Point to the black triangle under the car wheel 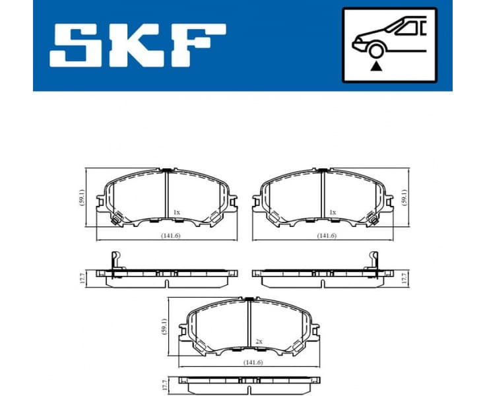pyautogui.click(x=376, y=66)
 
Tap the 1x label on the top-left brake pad pyautogui.click(x=176, y=212)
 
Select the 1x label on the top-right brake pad pyautogui.click(x=333, y=212)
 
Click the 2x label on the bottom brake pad pyautogui.click(x=259, y=341)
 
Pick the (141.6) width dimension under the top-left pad pyautogui.click(x=168, y=236)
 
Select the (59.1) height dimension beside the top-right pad pyautogui.click(x=405, y=197)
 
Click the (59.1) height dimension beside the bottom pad pyautogui.click(x=163, y=325)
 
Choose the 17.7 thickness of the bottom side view pyautogui.click(x=163, y=384)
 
